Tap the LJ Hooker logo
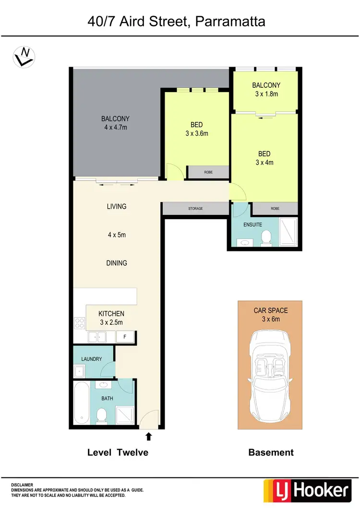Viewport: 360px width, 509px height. (307, 490)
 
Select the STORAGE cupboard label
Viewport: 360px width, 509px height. (195, 209)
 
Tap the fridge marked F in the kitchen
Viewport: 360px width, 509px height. (125, 337)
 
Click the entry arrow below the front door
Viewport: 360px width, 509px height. (148, 436)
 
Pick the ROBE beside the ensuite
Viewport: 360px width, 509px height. (274, 209)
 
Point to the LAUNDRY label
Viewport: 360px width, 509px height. (92, 359)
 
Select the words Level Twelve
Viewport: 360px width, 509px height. (118, 452)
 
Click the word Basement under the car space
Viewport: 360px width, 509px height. (271, 452)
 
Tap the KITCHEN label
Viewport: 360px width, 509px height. (112, 314)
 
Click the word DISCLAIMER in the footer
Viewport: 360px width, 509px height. (23, 485)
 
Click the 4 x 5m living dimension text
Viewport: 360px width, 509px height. (117, 235)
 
